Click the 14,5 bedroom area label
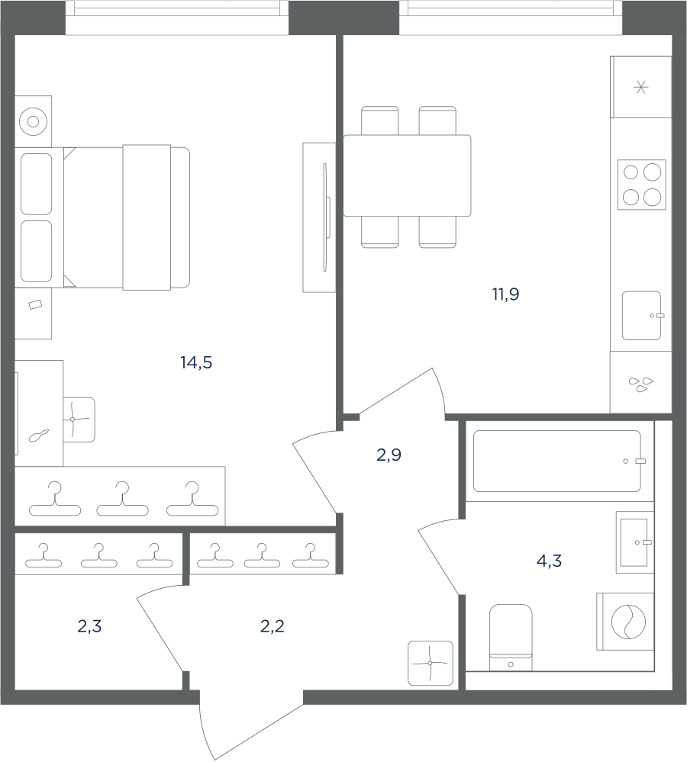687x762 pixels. click(196, 362)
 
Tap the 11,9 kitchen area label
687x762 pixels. click(505, 294)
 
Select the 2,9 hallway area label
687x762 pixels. click(389, 455)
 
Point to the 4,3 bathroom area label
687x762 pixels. click(549, 561)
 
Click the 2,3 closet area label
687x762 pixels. click(89, 626)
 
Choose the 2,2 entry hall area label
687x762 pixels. click(273, 626)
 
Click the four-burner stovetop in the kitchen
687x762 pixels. click(642, 185)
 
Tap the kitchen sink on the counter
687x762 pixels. click(642, 316)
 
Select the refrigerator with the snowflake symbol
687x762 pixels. click(640, 87)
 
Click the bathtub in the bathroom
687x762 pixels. click(557, 461)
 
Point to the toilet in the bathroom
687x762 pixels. click(511, 638)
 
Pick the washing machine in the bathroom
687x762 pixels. click(625, 621)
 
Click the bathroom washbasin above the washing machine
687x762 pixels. click(635, 542)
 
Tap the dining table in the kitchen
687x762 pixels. click(407, 175)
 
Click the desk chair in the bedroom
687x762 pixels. click(79, 420)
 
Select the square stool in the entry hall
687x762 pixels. click(431, 664)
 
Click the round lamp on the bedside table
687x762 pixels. click(33, 121)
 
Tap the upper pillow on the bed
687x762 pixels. click(36, 184)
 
